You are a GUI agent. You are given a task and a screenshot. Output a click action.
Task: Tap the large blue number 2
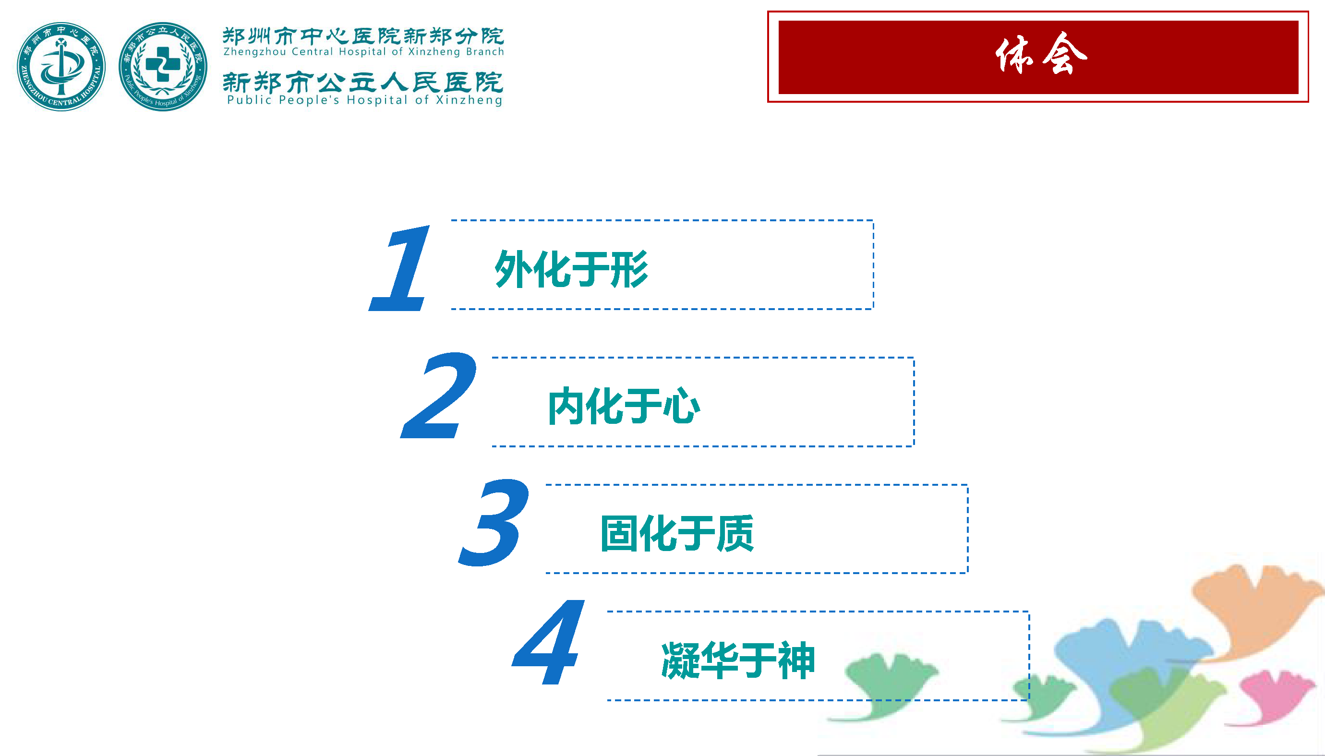[x=439, y=396]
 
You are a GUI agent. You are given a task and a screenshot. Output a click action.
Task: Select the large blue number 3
[x=494, y=522]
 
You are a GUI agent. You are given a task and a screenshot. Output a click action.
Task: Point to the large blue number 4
[x=549, y=642]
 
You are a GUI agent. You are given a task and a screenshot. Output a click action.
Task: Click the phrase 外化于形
[x=572, y=269]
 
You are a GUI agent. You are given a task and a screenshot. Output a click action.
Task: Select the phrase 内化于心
[x=624, y=406]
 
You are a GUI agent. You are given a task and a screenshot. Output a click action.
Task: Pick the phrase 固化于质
[x=677, y=533]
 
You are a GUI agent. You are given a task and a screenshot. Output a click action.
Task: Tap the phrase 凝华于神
[x=738, y=660]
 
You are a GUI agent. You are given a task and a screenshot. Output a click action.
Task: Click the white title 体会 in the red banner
[x=1041, y=54]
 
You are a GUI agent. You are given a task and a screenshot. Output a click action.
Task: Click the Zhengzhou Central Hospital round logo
[x=61, y=66]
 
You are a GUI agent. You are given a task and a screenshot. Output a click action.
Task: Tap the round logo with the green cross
[x=163, y=66]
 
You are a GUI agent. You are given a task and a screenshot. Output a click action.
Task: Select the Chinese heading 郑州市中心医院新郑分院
[x=363, y=36]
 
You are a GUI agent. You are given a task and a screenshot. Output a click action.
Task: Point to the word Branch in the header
[x=485, y=52]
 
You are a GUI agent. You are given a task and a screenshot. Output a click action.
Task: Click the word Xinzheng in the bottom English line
[x=470, y=100]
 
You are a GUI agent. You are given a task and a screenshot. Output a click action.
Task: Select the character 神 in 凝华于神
[x=796, y=660]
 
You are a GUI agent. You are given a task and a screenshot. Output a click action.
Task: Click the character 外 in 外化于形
[x=514, y=269]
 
